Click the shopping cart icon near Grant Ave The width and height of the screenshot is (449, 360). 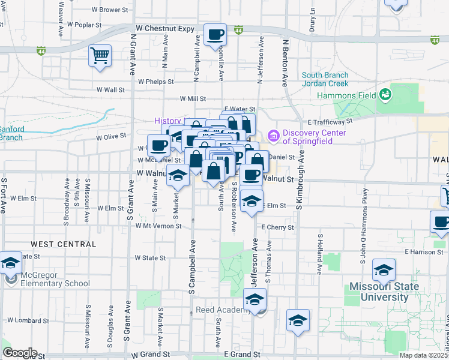[100, 56]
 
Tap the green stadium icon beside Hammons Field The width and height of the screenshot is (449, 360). [384, 95]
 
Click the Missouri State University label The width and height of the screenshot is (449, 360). [385, 292]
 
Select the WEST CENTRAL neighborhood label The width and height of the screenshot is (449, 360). [56, 244]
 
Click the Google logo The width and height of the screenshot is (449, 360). [20, 352]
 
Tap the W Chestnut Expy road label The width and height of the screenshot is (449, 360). [166, 28]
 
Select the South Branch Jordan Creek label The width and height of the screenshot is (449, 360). [325, 79]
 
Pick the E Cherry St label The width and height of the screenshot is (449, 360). [277, 227]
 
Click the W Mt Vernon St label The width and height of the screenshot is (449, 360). [158, 226]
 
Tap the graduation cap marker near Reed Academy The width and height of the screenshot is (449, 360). [255, 300]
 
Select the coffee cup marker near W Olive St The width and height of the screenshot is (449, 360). [159, 146]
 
